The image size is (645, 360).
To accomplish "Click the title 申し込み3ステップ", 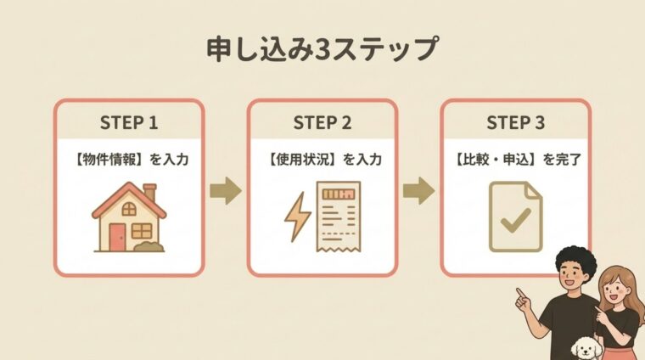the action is click(322, 49).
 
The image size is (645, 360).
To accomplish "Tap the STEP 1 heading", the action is click(129, 122).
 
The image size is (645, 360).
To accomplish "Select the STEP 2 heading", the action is click(322, 122).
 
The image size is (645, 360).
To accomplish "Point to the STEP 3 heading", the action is click(515, 122).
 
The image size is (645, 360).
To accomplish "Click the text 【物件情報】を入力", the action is click(131, 160).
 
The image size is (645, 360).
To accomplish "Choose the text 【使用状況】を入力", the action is click(324, 160).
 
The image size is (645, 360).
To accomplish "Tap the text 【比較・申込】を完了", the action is click(518, 160).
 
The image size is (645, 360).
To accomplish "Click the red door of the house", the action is click(117, 237).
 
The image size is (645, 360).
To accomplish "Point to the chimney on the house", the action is click(149, 192).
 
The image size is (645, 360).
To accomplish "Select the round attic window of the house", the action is click(129, 209).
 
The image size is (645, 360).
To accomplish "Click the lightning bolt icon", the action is click(298, 217).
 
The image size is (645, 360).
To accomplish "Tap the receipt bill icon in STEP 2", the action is click(338, 217).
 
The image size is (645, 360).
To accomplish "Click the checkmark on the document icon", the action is click(515, 220).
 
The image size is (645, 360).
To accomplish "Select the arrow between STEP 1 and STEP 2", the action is click(226, 190).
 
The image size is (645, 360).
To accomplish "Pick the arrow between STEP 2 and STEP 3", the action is click(418, 190).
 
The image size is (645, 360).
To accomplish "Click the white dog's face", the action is click(586, 349).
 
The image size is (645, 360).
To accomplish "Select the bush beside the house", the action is click(149, 246).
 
